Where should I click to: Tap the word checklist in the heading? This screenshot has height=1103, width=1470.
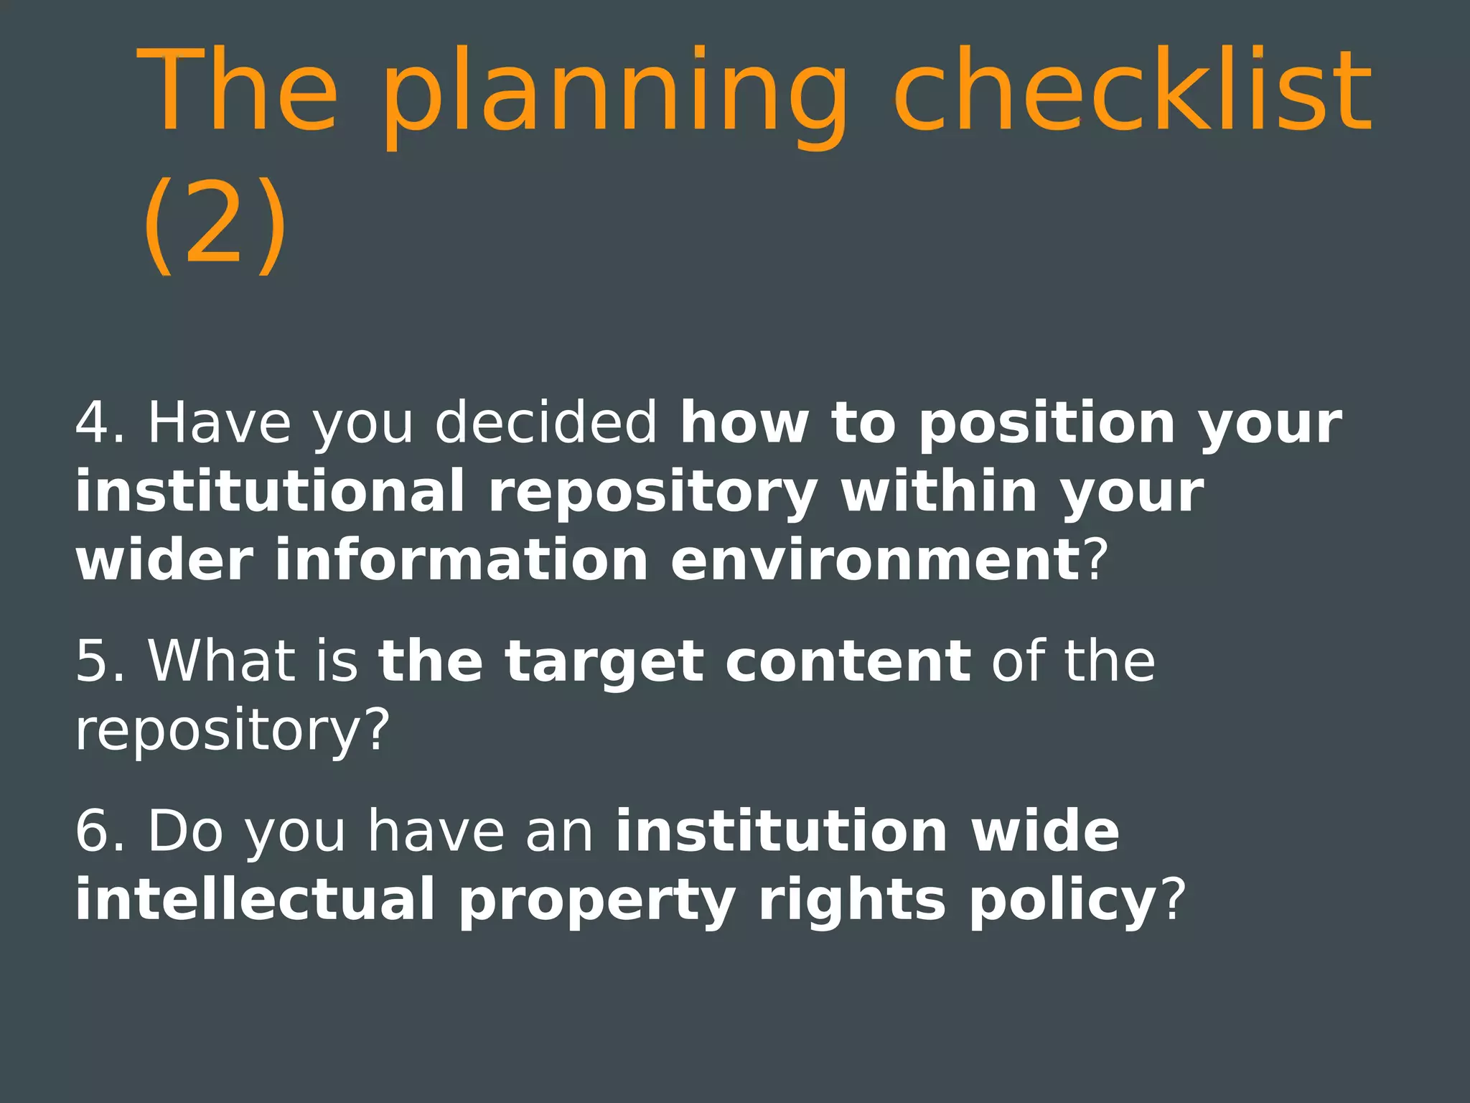(x=1133, y=90)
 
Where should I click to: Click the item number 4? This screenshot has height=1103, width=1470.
(x=99, y=423)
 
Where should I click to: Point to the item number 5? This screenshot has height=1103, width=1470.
(x=99, y=661)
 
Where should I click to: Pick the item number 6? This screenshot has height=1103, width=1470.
(x=99, y=831)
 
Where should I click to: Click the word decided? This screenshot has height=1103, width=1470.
(x=546, y=423)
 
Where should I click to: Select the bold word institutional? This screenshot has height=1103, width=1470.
(x=270, y=492)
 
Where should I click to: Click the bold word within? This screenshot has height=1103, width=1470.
(x=939, y=492)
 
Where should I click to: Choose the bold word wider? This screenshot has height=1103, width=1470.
(x=164, y=560)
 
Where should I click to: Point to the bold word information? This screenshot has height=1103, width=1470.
(x=462, y=560)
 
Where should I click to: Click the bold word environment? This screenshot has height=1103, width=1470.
(x=874, y=560)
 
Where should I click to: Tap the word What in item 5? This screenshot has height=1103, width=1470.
(x=221, y=661)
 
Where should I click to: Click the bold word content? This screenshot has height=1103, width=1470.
(x=848, y=661)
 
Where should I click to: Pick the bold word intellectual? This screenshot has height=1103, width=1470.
(x=256, y=899)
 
